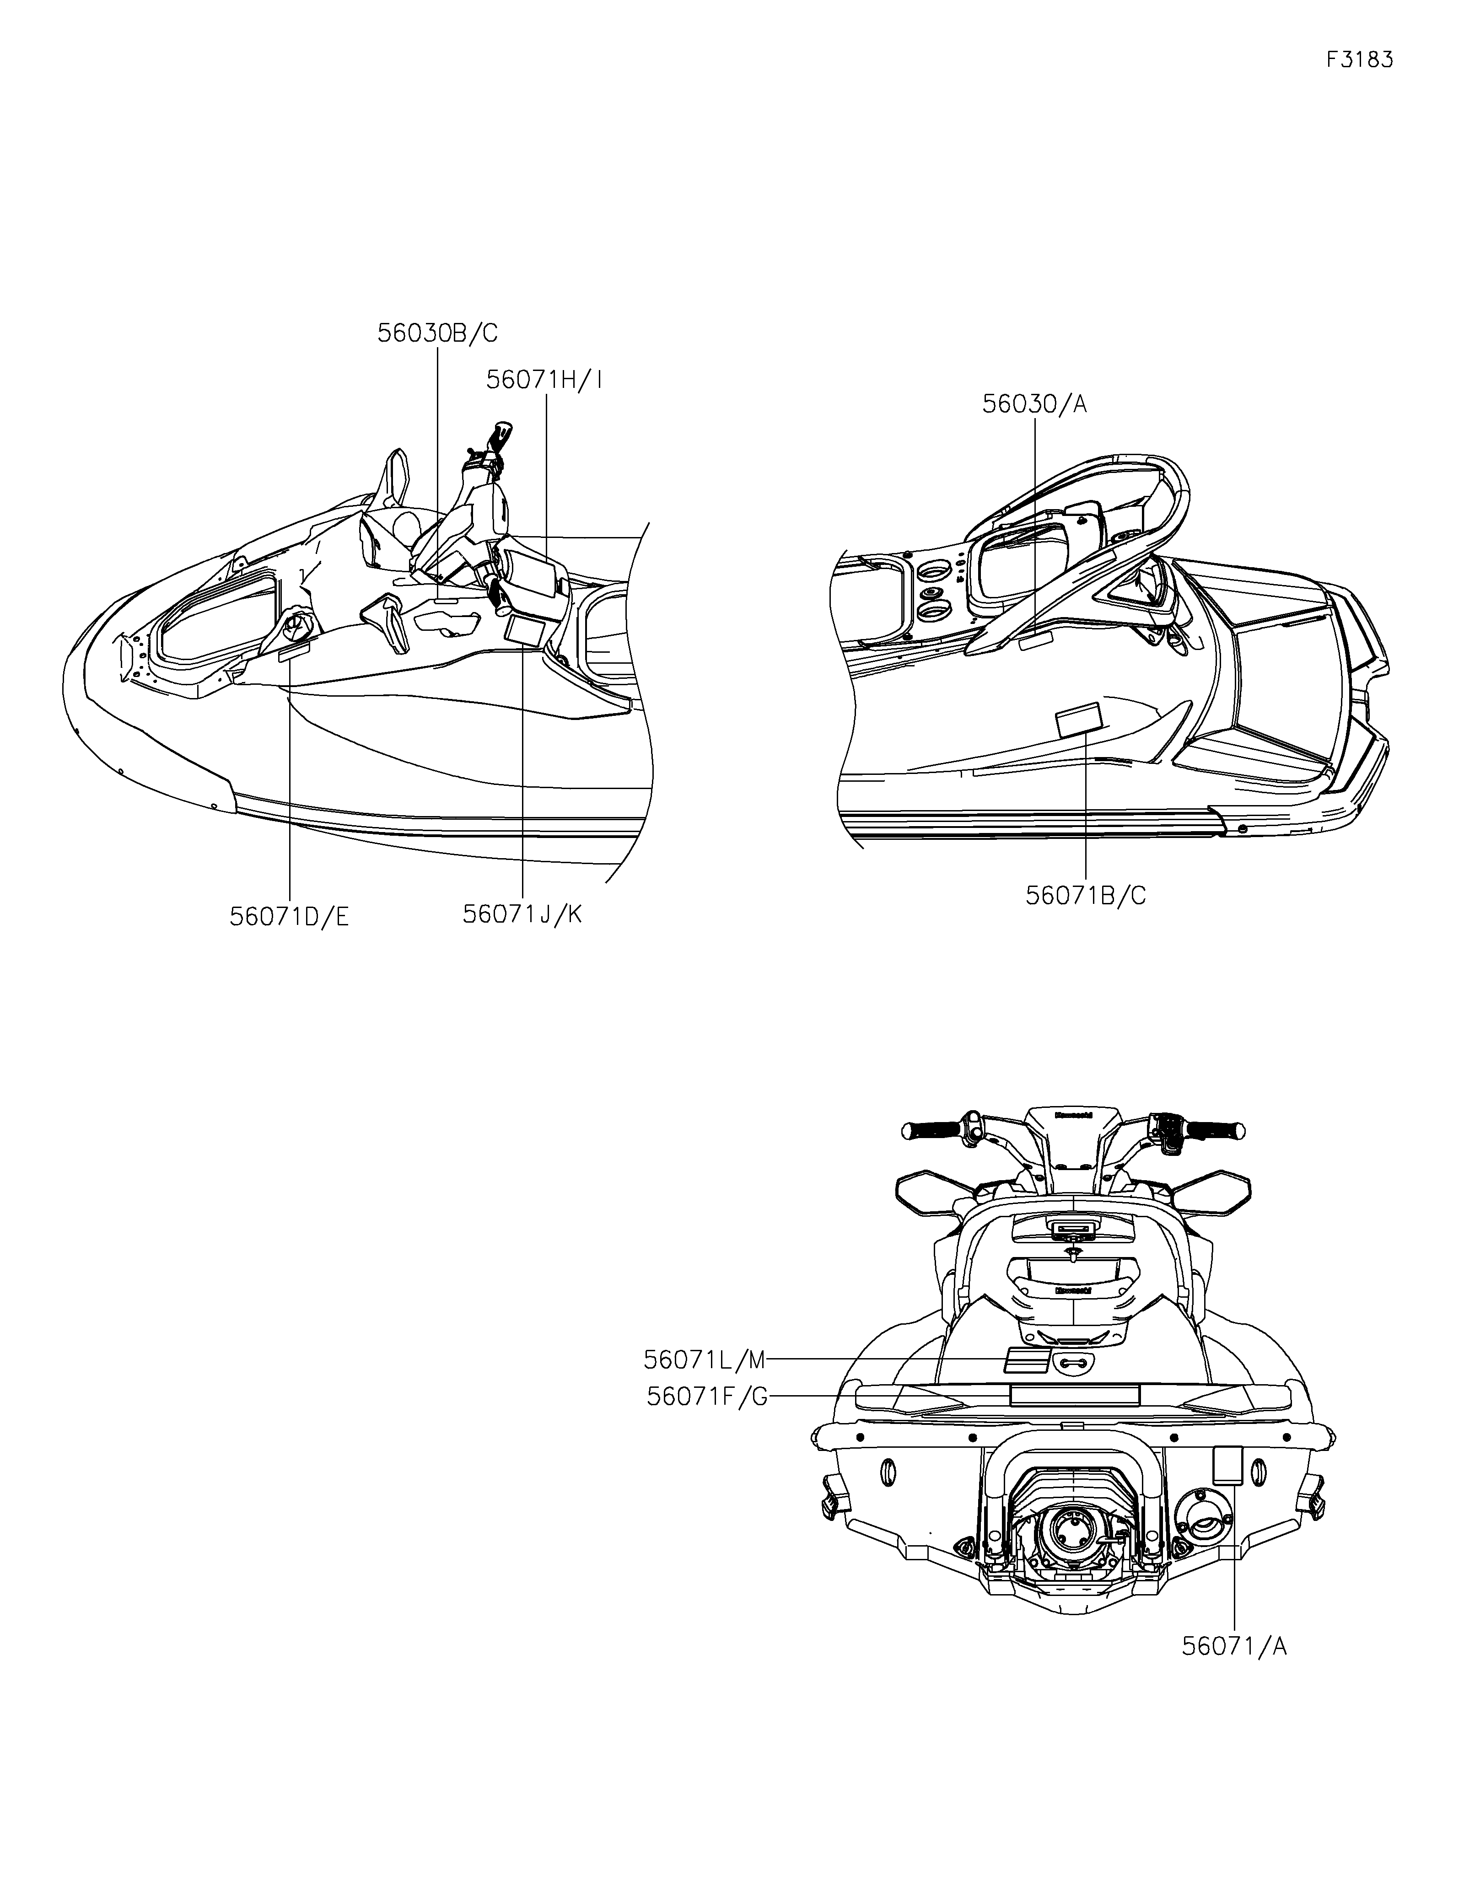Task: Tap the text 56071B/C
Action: (1086, 895)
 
